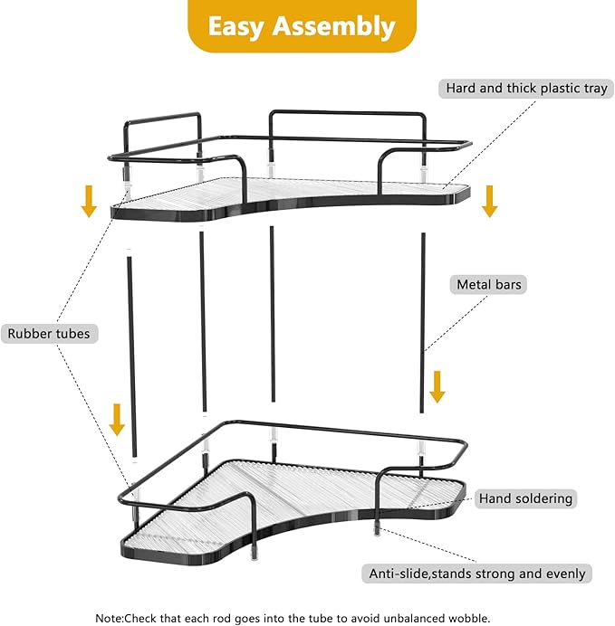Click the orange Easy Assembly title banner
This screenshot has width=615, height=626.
pos(302,26)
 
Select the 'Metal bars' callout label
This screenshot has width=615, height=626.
pos(488,285)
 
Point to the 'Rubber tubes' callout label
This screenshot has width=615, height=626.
pos(49,334)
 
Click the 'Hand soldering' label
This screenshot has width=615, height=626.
pos(525,498)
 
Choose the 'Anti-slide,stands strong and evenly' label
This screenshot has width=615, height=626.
pos(477,574)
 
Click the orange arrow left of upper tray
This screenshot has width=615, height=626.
pos(89,200)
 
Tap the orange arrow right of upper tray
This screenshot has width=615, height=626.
pos(489,200)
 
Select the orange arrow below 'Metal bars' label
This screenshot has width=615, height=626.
pos(437,385)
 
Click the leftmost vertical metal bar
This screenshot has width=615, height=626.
pos(131,353)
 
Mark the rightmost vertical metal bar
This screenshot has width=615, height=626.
pos(423,317)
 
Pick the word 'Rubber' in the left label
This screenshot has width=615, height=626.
pos(29,334)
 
